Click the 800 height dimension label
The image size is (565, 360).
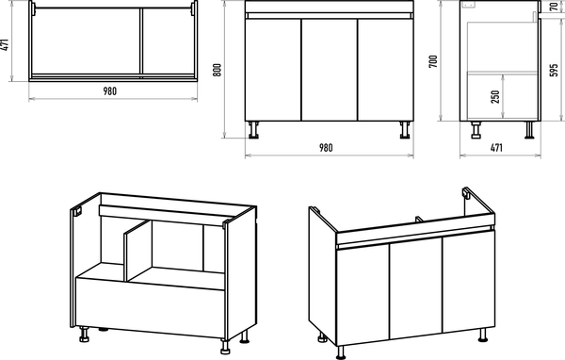tap(217, 70)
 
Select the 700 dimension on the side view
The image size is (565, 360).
tap(433, 61)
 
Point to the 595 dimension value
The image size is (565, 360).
tap(554, 70)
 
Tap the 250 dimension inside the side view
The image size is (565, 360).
tap(495, 97)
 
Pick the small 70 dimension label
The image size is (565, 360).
tap(554, 7)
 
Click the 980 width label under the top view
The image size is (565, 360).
tap(110, 91)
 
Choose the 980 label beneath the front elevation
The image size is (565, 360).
tap(326, 148)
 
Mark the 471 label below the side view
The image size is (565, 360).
tap(496, 148)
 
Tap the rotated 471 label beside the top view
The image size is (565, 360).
tap(5, 44)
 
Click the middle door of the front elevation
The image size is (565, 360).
tap(330, 70)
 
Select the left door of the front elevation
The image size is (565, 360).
tap(273, 70)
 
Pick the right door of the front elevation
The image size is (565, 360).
tap(385, 70)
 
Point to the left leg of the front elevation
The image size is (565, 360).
tap(253, 130)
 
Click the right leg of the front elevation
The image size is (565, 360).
tap(405, 130)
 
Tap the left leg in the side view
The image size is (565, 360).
tap(476, 130)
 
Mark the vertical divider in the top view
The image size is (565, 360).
tap(141, 41)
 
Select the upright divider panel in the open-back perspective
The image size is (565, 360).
tap(138, 251)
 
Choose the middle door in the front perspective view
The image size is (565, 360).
tap(416, 287)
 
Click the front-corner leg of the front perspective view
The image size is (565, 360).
tap(341, 352)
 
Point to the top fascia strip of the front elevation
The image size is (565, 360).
tap(330, 7)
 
